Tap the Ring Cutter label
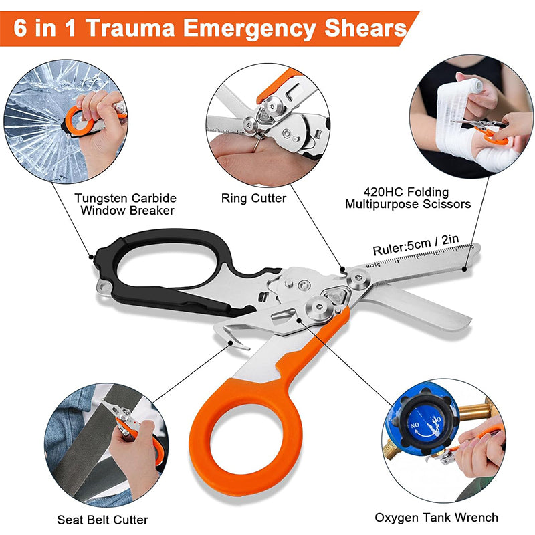253,198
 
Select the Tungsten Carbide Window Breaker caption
125,204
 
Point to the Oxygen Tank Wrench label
436,517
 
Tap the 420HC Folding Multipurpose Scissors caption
408,198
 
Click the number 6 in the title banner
22,29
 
